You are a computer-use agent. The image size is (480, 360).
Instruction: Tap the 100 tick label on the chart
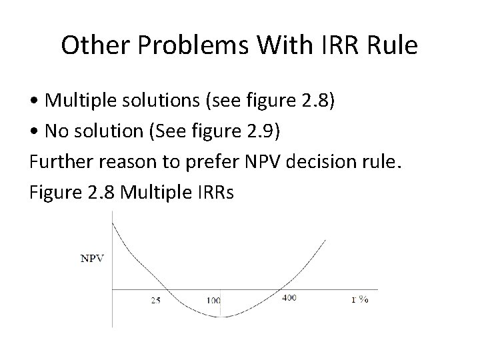tap(213, 300)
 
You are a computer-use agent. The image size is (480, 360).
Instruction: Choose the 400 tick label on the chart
tap(289, 298)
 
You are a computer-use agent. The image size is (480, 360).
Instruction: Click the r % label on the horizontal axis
tap(361, 299)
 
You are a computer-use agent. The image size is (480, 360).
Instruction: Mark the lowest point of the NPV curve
tap(223, 317)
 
